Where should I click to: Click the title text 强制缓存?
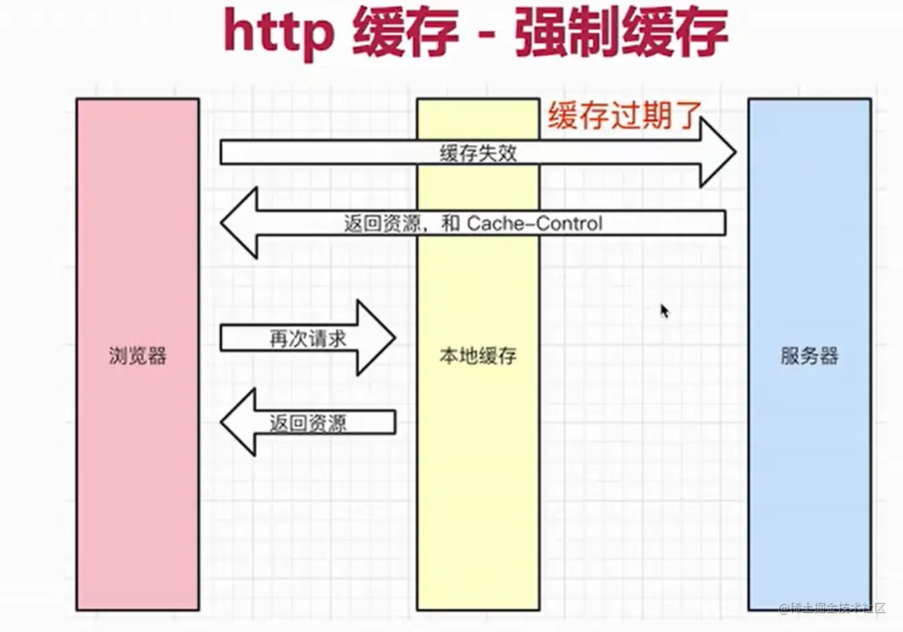[x=621, y=32]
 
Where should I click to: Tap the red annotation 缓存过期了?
[x=624, y=116]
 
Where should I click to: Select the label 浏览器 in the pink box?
[x=138, y=355]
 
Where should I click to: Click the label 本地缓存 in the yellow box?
[x=478, y=355]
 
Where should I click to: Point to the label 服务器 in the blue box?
[x=809, y=355]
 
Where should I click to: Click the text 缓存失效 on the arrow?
[x=478, y=153]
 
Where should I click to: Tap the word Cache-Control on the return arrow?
[x=534, y=223]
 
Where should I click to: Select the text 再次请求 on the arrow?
[x=308, y=338]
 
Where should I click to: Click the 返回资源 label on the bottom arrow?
[x=308, y=423]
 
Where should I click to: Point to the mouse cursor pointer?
[x=664, y=311]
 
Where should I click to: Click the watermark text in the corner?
[x=833, y=608]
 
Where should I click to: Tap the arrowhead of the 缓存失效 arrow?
[x=718, y=153]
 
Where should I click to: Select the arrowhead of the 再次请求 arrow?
[x=377, y=338]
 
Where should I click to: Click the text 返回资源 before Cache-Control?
[x=382, y=223]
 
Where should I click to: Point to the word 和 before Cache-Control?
[x=450, y=223]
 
